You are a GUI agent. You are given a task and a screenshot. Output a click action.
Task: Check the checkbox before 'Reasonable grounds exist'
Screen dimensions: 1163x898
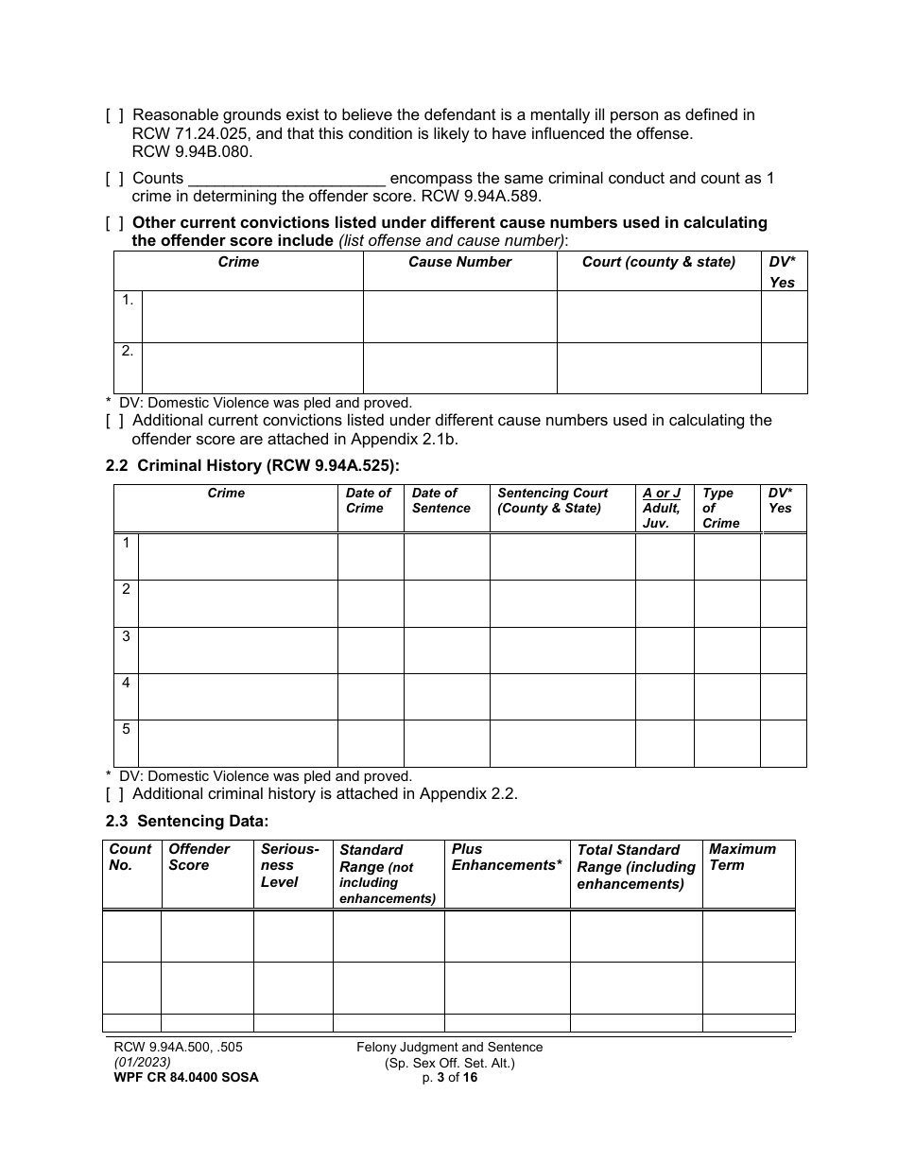[x=113, y=115]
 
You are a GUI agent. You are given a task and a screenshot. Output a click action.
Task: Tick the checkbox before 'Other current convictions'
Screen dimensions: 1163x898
[x=113, y=223]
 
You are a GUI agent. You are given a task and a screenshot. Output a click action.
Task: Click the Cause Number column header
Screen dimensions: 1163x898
[x=459, y=262]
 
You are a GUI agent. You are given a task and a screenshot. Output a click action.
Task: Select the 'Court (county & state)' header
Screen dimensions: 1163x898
[x=658, y=262]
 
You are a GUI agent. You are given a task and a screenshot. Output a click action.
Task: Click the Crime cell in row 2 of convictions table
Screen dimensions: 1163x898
[x=251, y=367]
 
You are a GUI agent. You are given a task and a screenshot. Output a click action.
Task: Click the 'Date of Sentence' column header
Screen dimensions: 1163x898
[x=440, y=500]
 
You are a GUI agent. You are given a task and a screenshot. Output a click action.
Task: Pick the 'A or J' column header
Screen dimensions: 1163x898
[x=662, y=493]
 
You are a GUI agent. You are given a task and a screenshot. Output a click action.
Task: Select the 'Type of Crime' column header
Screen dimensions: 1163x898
[x=720, y=508]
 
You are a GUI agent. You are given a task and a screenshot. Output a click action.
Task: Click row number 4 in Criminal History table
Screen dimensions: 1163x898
[x=126, y=683]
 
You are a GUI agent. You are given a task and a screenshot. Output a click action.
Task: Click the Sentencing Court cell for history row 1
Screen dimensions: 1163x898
[x=561, y=556]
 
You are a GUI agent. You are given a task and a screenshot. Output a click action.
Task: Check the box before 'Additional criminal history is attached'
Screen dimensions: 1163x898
[x=113, y=794]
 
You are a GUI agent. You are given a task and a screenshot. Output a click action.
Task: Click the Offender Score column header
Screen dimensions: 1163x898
[x=199, y=857]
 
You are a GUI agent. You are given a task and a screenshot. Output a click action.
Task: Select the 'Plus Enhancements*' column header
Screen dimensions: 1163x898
[x=507, y=857]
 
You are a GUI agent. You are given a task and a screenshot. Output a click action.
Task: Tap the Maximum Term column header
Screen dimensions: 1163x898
[x=742, y=857]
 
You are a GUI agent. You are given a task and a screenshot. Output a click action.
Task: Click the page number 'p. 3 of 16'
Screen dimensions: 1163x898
[x=450, y=1077]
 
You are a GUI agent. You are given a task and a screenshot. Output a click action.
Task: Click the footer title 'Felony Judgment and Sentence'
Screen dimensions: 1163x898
[x=450, y=1047]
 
